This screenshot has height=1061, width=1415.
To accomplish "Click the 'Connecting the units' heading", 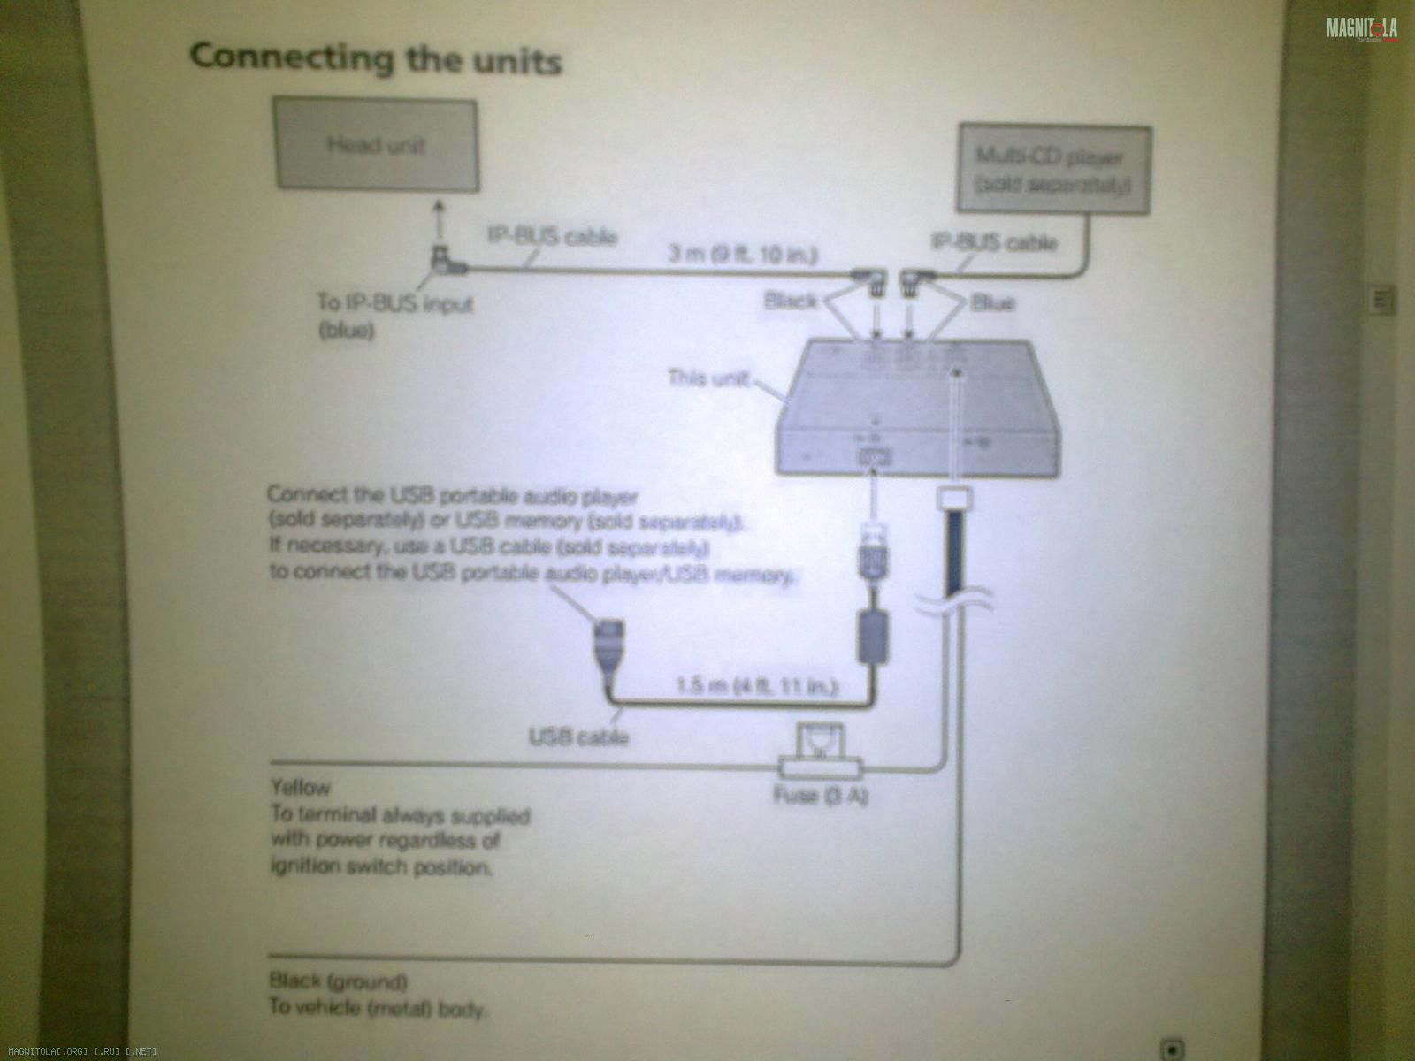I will click(375, 58).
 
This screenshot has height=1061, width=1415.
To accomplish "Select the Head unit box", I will click(378, 145).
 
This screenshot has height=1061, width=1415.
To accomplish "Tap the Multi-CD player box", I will click(1053, 170).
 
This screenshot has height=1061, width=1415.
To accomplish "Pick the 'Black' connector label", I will click(790, 302).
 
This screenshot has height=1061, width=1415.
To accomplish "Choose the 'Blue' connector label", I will click(991, 303).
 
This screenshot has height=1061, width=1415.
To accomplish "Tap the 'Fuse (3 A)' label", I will click(821, 796).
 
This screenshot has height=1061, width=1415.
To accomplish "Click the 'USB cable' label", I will click(578, 736).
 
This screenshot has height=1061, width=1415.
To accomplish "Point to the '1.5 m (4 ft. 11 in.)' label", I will click(756, 686).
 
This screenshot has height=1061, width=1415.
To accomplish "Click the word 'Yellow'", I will click(301, 786).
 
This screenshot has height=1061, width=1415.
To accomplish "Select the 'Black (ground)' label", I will click(339, 981).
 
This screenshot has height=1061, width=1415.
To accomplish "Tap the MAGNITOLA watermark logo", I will click(1361, 29).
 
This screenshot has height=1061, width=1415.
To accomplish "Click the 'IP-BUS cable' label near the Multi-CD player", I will click(993, 241).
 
